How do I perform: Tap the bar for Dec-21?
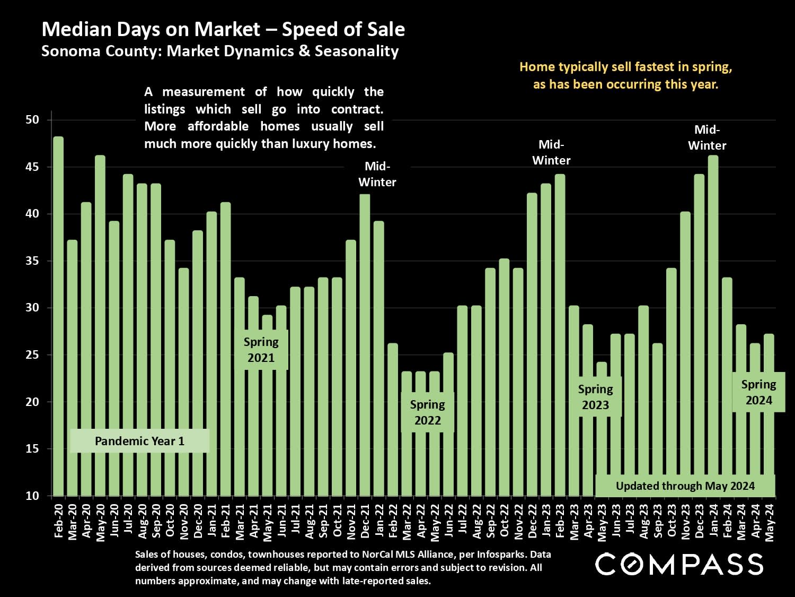pos(365,345)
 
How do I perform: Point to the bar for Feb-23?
pos(560,334)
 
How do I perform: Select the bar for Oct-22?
pos(504,377)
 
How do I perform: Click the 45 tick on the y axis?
pos(32,167)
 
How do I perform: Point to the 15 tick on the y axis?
pos(32,449)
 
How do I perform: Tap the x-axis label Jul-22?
pos(463,522)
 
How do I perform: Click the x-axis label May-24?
pos(770,522)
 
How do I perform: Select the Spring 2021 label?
pos(261,350)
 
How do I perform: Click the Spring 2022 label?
pos(427,412)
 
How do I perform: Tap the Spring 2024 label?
pos(758,392)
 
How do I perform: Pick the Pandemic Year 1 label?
pos(139,441)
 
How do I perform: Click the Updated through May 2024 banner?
pos(685,486)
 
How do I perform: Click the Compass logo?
pos(679,564)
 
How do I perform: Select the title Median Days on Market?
pos(223,30)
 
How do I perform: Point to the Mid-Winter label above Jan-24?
pos(707,137)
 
